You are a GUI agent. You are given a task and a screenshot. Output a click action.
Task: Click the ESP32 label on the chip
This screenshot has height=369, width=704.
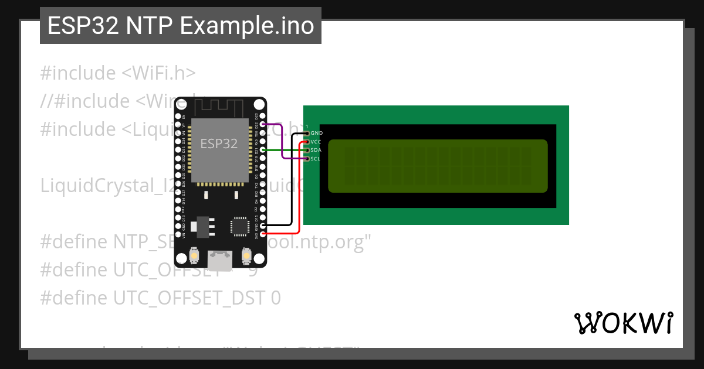pos(219,143)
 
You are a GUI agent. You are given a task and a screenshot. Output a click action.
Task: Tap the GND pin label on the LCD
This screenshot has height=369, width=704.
pos(316,134)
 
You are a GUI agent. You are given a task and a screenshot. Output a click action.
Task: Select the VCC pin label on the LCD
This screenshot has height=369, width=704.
pos(316,142)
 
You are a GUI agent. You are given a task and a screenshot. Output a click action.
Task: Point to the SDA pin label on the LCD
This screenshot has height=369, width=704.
pos(316,150)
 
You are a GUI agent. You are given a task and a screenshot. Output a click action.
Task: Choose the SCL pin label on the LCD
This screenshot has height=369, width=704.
pos(315,158)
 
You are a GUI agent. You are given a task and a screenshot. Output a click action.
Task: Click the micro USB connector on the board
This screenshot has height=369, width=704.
pos(220,258)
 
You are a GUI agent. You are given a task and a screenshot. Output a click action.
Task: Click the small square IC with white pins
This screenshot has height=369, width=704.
pos(240,226)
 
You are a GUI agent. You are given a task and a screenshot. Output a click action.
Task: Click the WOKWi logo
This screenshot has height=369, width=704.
pos(623,323)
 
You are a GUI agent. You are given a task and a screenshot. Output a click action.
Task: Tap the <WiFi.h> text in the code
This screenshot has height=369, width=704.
pos(158,73)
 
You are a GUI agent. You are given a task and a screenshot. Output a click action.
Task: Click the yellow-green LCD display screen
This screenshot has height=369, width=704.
pos(437,166)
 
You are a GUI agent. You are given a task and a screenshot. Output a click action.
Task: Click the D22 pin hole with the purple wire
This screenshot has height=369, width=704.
pos(262,124)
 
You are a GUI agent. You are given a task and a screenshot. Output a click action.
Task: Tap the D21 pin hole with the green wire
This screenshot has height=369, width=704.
pos(262,150)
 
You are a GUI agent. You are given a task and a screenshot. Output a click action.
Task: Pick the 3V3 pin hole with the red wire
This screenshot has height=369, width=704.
pos(262,234)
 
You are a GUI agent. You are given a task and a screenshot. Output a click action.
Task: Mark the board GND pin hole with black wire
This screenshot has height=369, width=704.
pos(262,225)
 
